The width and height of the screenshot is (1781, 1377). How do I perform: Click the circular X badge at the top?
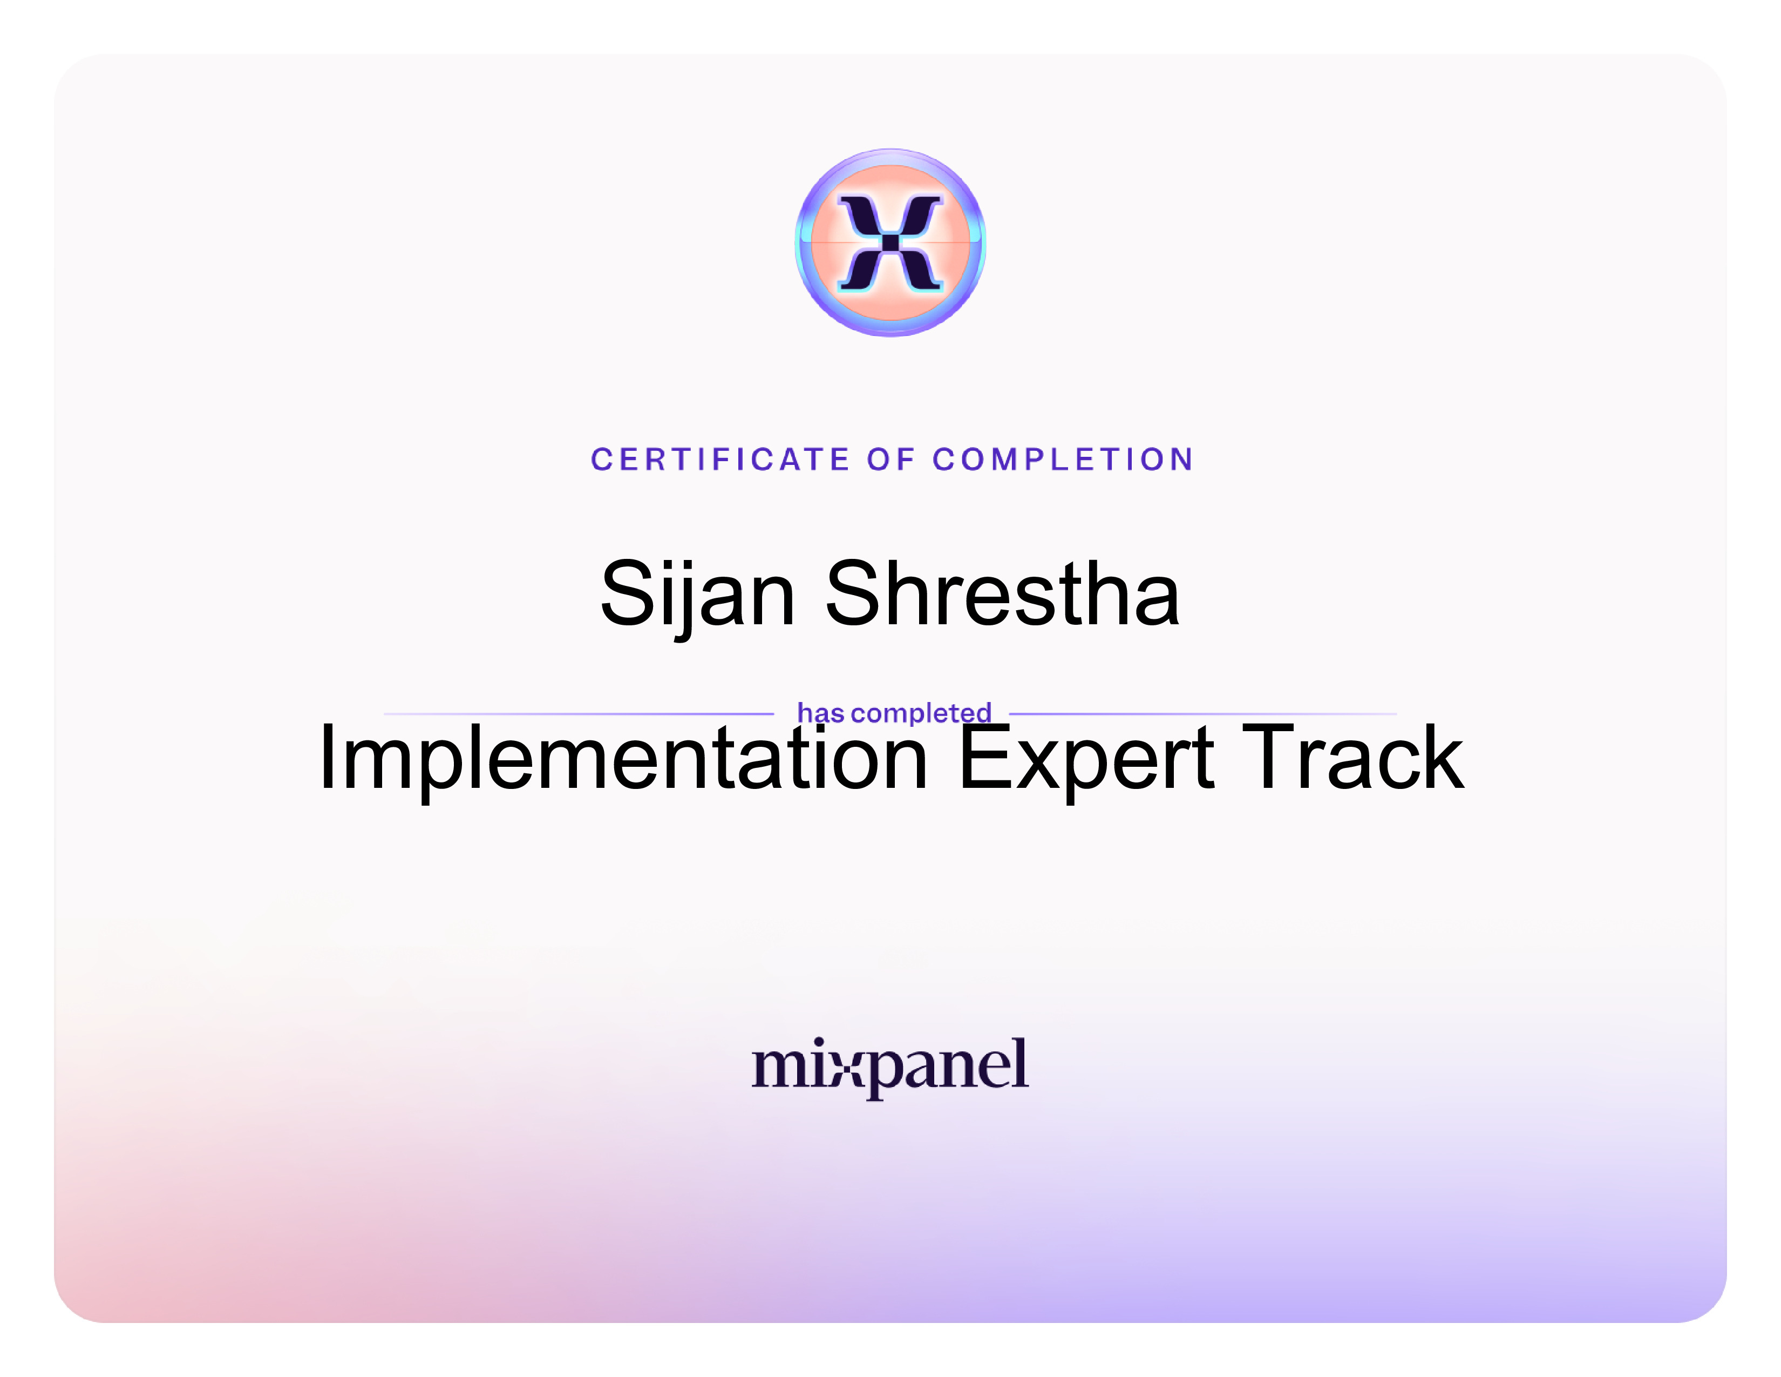[890, 242]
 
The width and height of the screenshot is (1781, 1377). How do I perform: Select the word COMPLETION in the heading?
[1063, 460]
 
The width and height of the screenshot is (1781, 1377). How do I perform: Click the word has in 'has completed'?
[820, 713]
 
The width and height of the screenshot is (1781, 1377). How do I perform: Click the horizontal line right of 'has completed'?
[1203, 714]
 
